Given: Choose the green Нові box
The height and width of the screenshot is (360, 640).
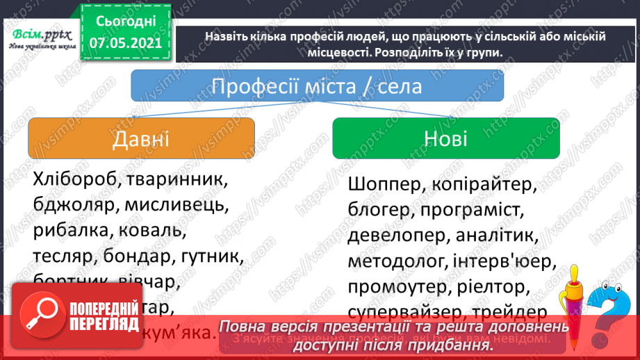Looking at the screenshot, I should [x=445, y=138].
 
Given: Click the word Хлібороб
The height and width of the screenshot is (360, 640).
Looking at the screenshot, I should [x=69, y=179].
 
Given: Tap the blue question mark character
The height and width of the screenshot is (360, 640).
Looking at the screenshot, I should [x=612, y=306].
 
